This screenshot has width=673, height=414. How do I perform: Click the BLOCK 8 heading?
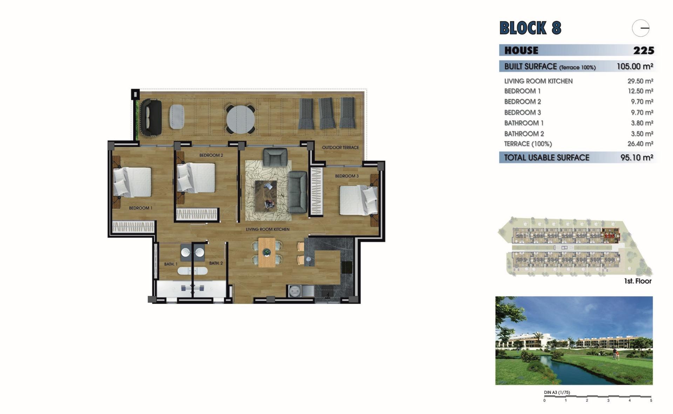pyautogui.click(x=530, y=28)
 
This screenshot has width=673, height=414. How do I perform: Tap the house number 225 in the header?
pyautogui.click(x=644, y=50)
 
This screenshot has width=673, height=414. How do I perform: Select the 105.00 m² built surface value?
pyautogui.click(x=635, y=66)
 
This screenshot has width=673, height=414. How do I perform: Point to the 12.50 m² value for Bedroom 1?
pyautogui.click(x=640, y=91)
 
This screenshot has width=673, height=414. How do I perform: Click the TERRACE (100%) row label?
pyautogui.click(x=528, y=144)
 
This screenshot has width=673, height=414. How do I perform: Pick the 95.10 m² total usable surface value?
pyautogui.click(x=637, y=158)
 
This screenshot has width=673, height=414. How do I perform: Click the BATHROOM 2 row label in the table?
pyautogui.click(x=524, y=134)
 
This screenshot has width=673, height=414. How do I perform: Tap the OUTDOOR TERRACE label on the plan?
pyautogui.click(x=340, y=148)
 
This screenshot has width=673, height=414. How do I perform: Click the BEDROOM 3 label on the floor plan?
pyautogui.click(x=347, y=176)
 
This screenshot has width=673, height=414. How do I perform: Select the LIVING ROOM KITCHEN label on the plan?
pyautogui.click(x=267, y=229)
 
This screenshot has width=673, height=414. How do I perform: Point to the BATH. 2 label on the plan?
pyautogui.click(x=216, y=263)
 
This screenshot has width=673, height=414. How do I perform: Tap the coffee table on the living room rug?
pyautogui.click(x=266, y=196)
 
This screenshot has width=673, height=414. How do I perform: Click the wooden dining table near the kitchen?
pyautogui.click(x=267, y=252)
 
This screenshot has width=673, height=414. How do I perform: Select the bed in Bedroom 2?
pyautogui.click(x=196, y=178)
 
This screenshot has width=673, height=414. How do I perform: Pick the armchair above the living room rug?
pyautogui.click(x=275, y=157)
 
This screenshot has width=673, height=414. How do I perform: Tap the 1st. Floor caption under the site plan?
pyautogui.click(x=638, y=281)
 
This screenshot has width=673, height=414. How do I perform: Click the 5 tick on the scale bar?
pyautogui.click(x=651, y=400)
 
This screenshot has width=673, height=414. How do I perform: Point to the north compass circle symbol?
pyautogui.click(x=641, y=28)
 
